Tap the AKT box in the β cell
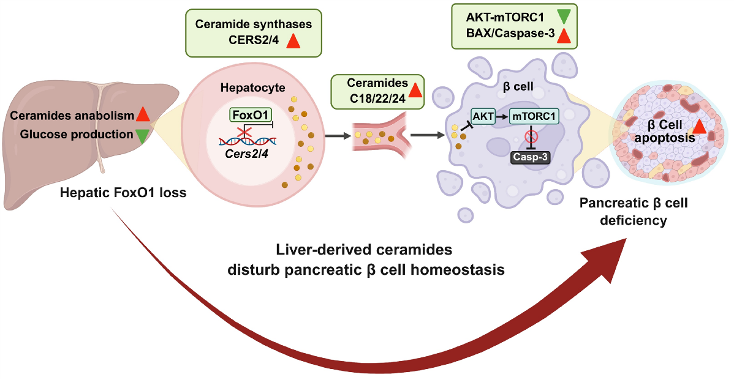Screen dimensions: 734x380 pos(483,116)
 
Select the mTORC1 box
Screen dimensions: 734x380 pos(534,116)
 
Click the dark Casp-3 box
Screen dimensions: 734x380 pos(530,157)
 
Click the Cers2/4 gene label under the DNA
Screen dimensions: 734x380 pos(246,154)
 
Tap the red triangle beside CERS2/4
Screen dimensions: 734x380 pos(293,40)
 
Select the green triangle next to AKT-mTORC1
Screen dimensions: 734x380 pos(564,17)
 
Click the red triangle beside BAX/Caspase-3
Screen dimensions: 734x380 pos(564,35)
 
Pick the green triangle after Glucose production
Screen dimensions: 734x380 pos(142,135)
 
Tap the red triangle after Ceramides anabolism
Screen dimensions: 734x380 pos(143,114)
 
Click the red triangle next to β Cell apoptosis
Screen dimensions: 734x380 pos(699,125)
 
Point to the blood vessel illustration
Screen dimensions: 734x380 pos(381,136)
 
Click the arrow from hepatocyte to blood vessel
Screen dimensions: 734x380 pos(338,136)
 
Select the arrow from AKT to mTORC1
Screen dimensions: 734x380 pos(502,116)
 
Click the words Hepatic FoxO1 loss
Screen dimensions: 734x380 pos(123,193)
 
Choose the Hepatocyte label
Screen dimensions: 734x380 pos(253,88)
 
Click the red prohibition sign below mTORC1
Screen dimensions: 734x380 pos(531,136)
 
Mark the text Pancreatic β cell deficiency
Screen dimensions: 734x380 pos(634,211)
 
